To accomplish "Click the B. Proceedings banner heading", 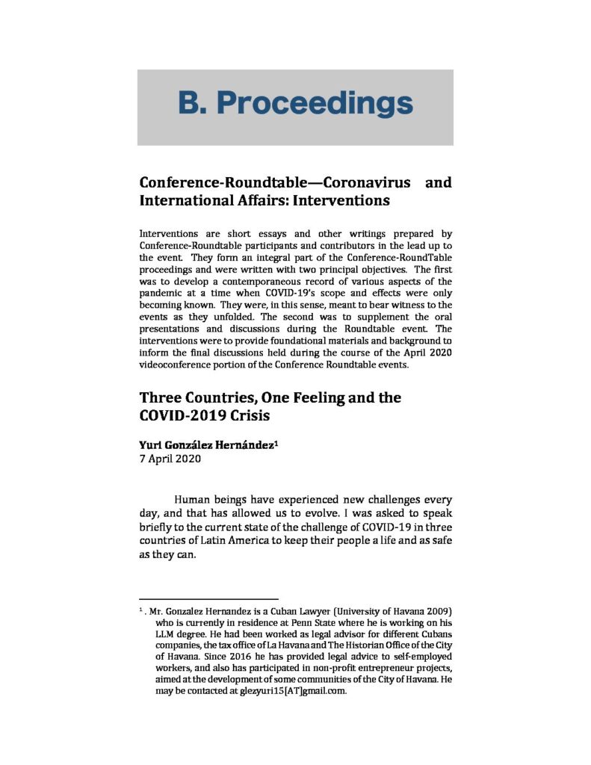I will pyautogui.click(x=295, y=103).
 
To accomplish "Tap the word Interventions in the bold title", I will pyautogui.click(x=342, y=202).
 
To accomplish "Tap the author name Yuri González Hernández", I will pyautogui.click(x=206, y=446).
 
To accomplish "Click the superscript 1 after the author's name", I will pyautogui.click(x=276, y=444).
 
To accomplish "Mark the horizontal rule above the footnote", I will pyautogui.click(x=208, y=599).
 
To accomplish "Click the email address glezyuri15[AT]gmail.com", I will pyautogui.click(x=281, y=690).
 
